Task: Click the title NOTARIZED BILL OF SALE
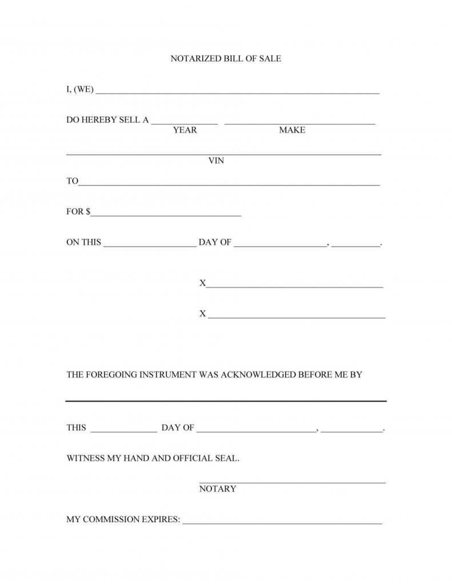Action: coord(226,59)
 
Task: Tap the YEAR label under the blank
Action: coord(185,130)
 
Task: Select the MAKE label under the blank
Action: coord(292,130)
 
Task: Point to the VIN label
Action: coord(216,161)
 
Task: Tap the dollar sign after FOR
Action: coord(88,212)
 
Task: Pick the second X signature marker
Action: coord(202,314)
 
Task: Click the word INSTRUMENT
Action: coord(163,375)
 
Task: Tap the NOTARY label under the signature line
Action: coord(218,489)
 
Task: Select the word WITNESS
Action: coord(86,458)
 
